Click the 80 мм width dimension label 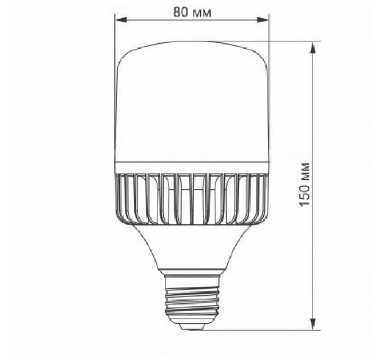(x=192, y=13)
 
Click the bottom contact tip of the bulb (x=192, y=326)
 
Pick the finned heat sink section (x=192, y=197)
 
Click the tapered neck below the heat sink (x=192, y=246)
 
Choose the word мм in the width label (x=201, y=13)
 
